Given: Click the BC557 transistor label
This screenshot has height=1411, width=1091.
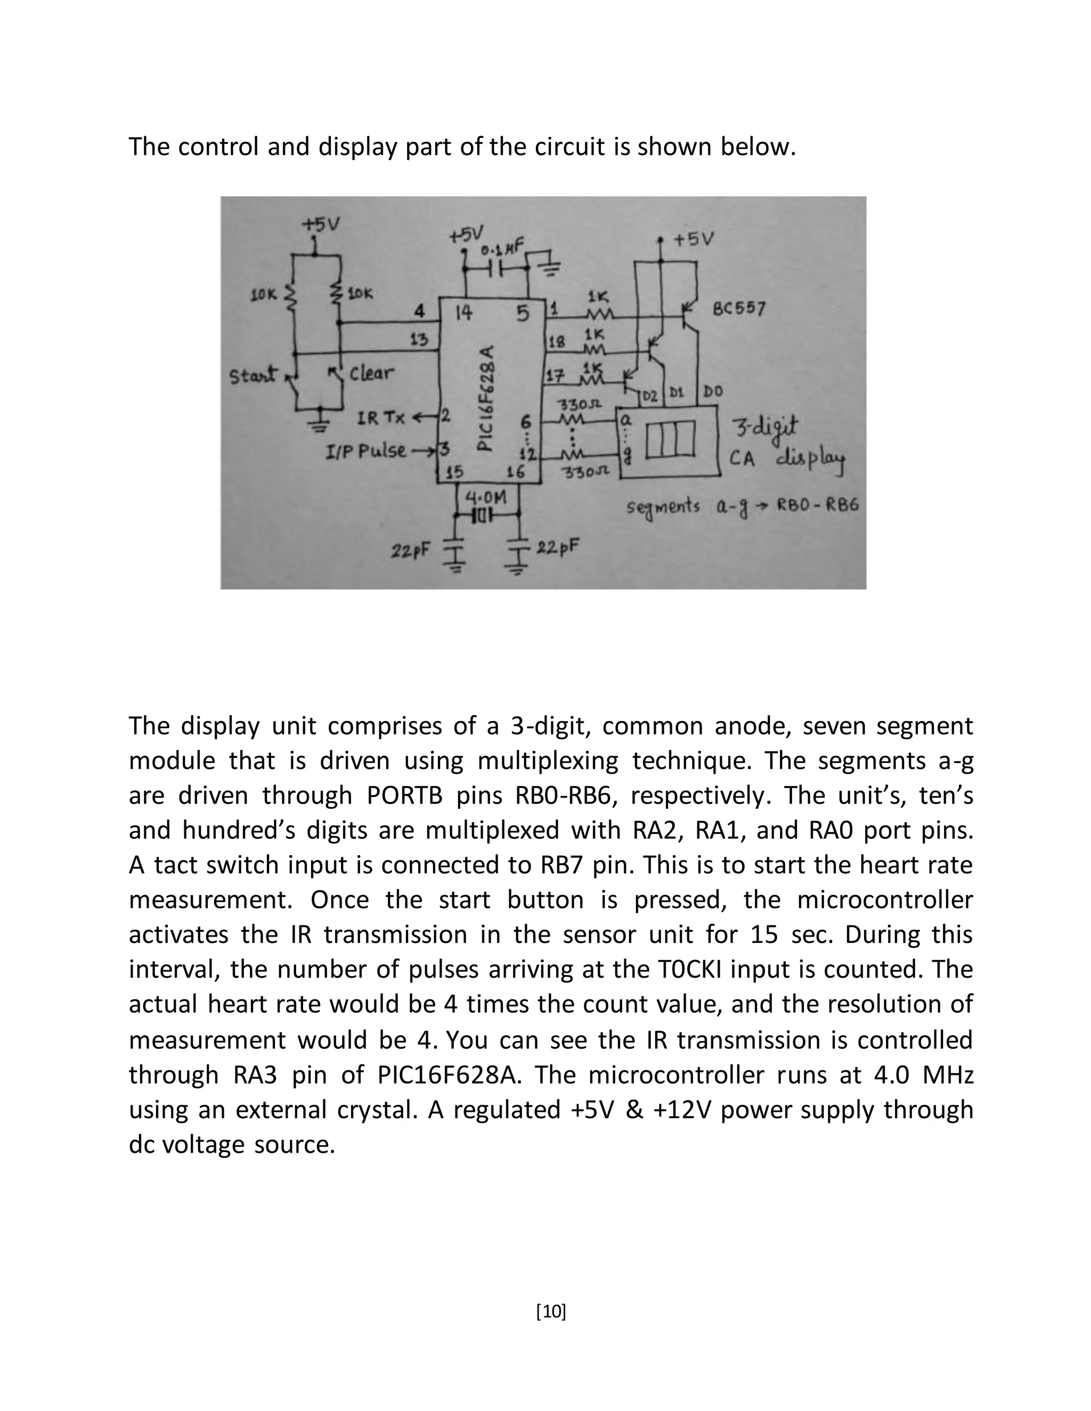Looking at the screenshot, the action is [739, 309].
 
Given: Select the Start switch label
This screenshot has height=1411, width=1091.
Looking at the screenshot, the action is [254, 375].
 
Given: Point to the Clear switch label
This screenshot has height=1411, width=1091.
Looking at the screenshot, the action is [371, 373].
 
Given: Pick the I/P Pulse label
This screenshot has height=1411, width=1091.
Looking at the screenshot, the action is [366, 450].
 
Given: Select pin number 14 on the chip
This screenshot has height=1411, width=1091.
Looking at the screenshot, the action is [463, 313].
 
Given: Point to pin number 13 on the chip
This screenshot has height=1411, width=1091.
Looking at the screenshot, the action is [419, 339].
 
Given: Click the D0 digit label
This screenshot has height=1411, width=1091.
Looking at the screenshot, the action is [713, 391].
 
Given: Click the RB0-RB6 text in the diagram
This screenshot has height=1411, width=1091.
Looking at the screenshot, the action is [818, 505].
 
